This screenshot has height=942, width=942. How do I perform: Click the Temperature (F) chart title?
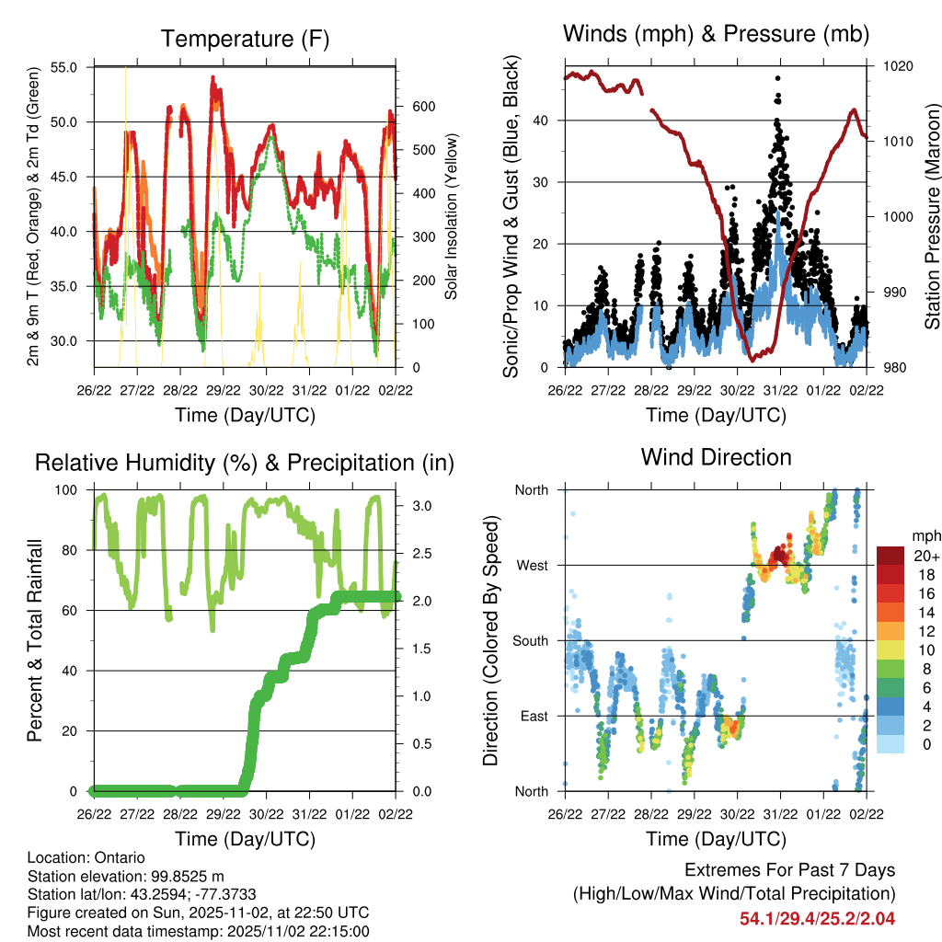point(245,39)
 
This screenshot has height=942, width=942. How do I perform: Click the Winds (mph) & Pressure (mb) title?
point(716,34)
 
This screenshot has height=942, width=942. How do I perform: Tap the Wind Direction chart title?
point(716,456)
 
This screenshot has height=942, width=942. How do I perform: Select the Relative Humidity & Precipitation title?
point(245,462)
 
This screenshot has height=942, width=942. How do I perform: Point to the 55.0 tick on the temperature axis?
point(74,67)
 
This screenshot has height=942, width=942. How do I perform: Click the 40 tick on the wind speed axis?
point(541,121)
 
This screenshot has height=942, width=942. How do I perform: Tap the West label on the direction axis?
point(532,565)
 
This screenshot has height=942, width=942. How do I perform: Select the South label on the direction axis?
point(530,640)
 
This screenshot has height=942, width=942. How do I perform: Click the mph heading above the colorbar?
point(924,535)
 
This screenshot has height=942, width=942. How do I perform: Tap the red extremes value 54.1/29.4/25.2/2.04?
point(817,918)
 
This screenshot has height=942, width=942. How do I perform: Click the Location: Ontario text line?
point(86,857)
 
